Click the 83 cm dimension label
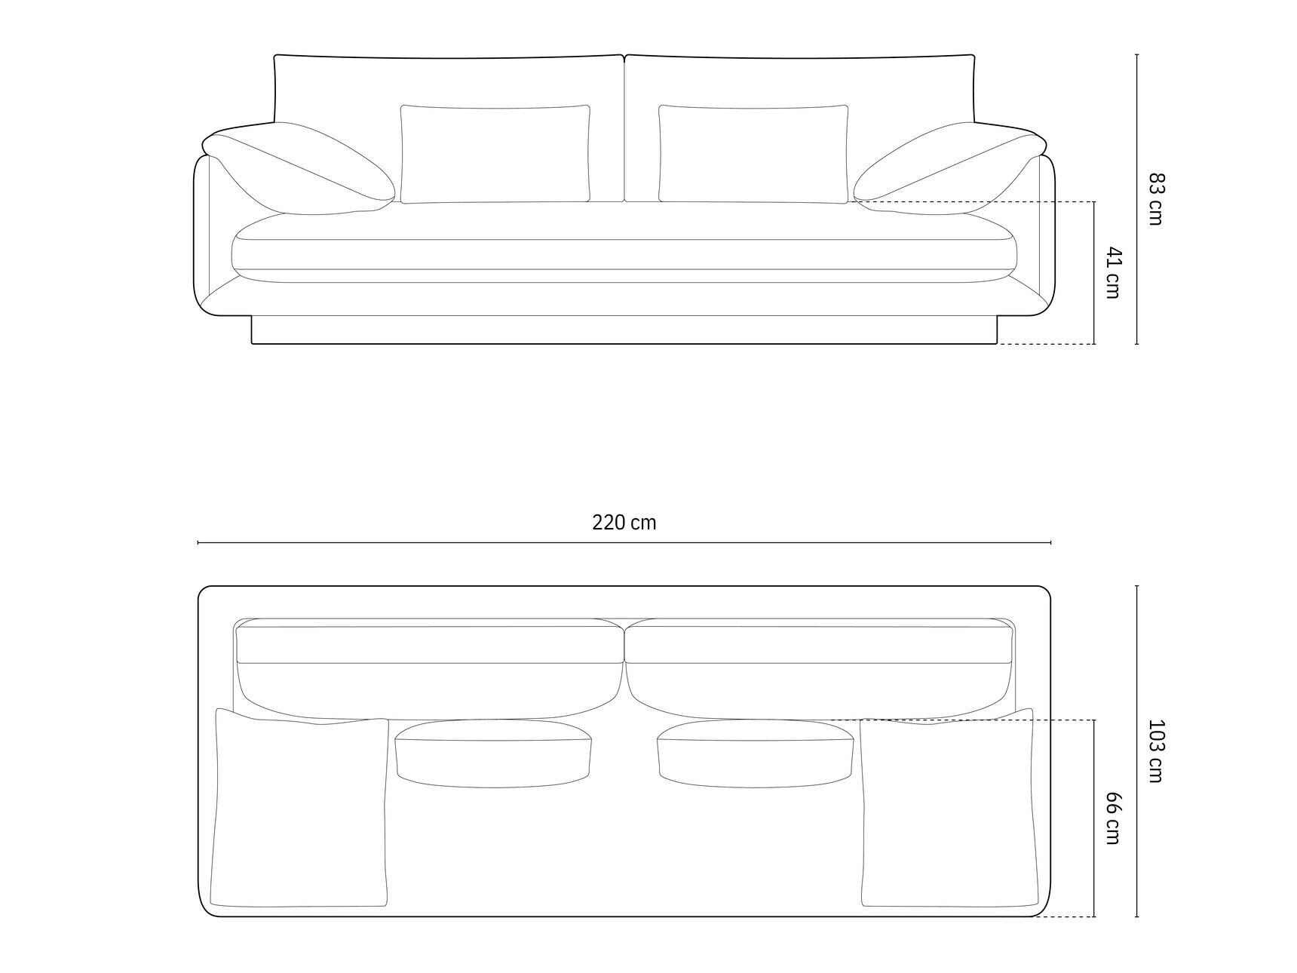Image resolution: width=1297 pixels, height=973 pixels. pyautogui.click(x=1156, y=198)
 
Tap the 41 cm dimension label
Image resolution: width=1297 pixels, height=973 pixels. pyautogui.click(x=1112, y=272)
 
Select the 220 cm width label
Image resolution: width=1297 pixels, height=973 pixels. pyautogui.click(x=624, y=523)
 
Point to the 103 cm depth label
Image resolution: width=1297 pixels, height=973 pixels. pyautogui.click(x=1156, y=750)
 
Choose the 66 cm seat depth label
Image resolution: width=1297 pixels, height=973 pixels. pyautogui.click(x=1112, y=818)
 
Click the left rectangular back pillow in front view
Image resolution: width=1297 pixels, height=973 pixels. pyautogui.click(x=495, y=154)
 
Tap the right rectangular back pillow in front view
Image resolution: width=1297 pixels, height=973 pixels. pyautogui.click(x=753, y=154)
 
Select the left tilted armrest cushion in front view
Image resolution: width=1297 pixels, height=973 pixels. pyautogui.click(x=298, y=169)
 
